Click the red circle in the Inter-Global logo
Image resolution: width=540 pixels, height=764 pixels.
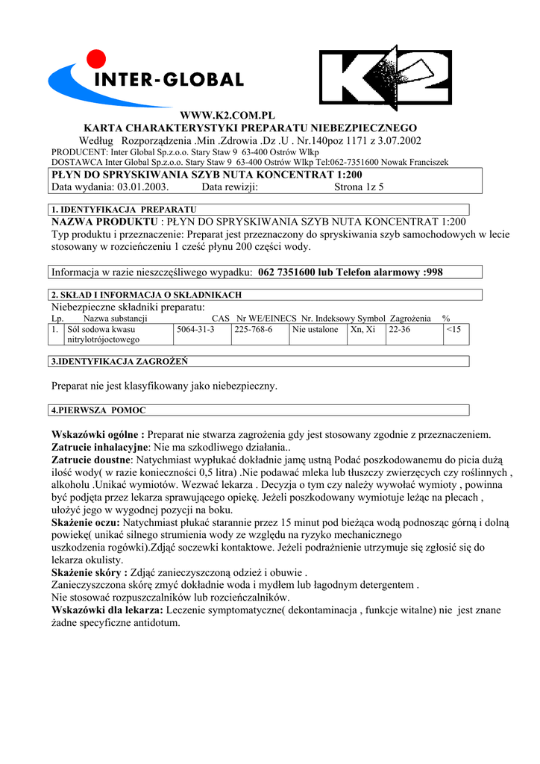(96, 58)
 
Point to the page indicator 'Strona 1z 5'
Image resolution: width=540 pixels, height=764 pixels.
(359, 187)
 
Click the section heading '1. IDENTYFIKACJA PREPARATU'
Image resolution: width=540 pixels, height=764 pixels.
(123, 210)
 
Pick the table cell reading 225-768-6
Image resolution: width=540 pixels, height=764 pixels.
(254, 329)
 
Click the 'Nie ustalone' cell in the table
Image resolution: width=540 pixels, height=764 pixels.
(315, 329)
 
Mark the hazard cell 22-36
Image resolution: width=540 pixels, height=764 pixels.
(400, 329)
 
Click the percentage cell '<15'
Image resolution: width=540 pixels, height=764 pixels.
(453, 329)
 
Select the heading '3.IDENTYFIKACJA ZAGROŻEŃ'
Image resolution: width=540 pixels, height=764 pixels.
(119, 362)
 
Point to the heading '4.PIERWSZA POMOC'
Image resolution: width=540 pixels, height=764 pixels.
(98, 410)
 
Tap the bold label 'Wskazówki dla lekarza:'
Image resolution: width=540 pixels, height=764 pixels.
(107, 610)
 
